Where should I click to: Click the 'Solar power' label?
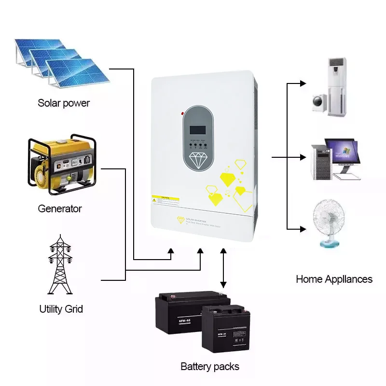click(64, 103)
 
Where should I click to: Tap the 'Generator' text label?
click(60, 209)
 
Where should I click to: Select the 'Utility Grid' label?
click(61, 309)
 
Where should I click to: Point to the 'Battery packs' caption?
click(209, 367)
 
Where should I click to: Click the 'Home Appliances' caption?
click(334, 279)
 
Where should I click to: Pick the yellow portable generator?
click(61, 164)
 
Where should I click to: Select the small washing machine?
click(319, 101)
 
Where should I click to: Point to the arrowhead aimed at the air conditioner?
click(303, 83)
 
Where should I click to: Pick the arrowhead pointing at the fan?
click(303, 228)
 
